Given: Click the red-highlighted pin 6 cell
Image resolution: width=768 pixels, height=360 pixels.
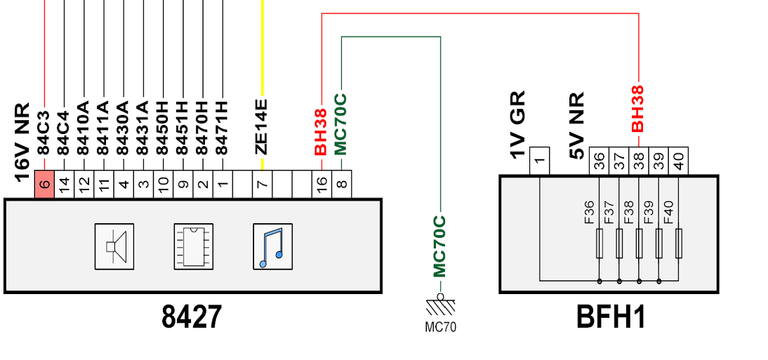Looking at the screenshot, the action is click(44, 184).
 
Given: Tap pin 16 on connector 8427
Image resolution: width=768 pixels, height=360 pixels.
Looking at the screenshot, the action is click(322, 184).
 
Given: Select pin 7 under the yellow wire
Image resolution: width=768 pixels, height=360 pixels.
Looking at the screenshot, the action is click(263, 184).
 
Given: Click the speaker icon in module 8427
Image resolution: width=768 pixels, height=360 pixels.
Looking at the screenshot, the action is click(114, 246).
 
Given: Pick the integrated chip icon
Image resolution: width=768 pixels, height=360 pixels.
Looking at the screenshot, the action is click(194, 246).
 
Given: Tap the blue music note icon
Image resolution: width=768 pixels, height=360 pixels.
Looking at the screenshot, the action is click(273, 246).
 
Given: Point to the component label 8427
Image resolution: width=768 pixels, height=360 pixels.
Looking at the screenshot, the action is click(192, 317).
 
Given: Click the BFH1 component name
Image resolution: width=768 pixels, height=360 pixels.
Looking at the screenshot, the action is click(611, 317).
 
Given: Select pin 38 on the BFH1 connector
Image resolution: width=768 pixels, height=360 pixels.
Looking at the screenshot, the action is click(639, 161).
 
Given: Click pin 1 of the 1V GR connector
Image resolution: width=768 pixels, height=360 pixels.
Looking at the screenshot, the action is click(540, 161).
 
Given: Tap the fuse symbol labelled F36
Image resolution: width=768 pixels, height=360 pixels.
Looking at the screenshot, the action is click(600, 243).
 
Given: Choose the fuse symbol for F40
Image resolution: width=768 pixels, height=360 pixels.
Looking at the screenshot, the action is click(678, 243).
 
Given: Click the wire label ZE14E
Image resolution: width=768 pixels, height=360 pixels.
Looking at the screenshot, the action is click(262, 127).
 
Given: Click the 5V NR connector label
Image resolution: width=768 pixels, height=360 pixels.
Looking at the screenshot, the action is click(576, 126).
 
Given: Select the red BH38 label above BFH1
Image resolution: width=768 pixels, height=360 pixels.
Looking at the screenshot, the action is click(637, 109).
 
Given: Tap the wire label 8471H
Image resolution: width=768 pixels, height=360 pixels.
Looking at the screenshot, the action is click(222, 128).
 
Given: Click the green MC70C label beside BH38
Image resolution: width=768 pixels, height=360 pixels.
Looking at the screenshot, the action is click(341, 124).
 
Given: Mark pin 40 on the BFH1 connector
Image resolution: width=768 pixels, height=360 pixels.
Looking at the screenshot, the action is click(678, 161).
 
